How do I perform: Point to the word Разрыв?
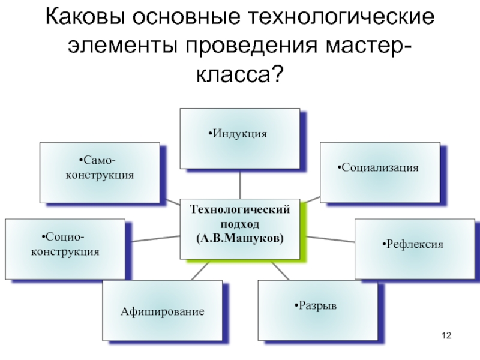coord(317,306)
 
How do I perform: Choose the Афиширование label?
coord(162,312)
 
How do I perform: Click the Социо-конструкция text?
coord(65,245)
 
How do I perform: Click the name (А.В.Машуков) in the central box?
coord(240,238)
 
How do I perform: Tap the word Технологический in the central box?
coord(240,209)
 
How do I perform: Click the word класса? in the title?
coord(240,74)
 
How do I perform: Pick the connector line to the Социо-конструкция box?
coord(153,238)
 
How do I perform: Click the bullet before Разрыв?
coord(296,306)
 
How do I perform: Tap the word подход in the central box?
coord(240,223)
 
